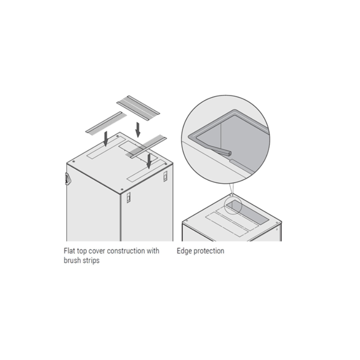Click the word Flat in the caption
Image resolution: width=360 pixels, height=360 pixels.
coord(70,251)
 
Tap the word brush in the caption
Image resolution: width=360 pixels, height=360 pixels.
coord(72,261)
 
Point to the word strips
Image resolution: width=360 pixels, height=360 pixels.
coord(91,261)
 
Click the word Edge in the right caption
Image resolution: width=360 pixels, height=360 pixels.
coord(184,251)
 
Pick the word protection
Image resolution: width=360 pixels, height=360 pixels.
coord(209,251)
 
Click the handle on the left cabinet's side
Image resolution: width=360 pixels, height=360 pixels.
coord(67,179)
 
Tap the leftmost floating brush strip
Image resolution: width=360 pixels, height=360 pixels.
coord(106,123)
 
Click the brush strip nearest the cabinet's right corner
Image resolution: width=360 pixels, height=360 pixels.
coord(146,147)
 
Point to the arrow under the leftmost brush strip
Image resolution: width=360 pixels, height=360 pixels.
coord(106,139)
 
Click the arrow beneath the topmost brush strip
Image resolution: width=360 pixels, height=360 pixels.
coord(138,130)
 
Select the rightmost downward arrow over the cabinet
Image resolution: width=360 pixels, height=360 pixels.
coord(149,161)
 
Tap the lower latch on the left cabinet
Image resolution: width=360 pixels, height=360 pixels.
coord(129,198)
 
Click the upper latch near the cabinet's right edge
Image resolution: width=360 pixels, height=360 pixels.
coord(165,176)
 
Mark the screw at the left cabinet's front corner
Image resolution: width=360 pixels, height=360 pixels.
coord(121,189)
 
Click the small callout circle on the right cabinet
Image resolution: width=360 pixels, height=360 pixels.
coord(233,206)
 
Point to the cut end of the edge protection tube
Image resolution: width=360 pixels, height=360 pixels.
coord(228,153)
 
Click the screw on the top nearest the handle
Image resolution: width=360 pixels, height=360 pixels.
coord(73,162)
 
